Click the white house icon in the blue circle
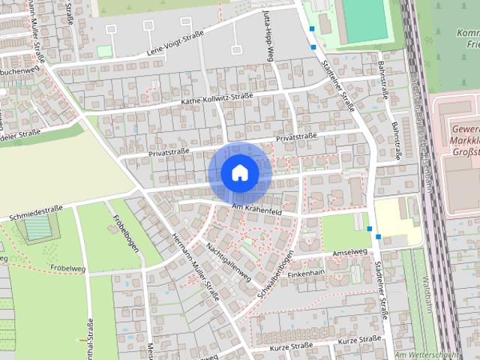point(239,172)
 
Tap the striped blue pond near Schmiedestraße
point(34,232)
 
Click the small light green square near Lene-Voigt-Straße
point(103,51)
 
